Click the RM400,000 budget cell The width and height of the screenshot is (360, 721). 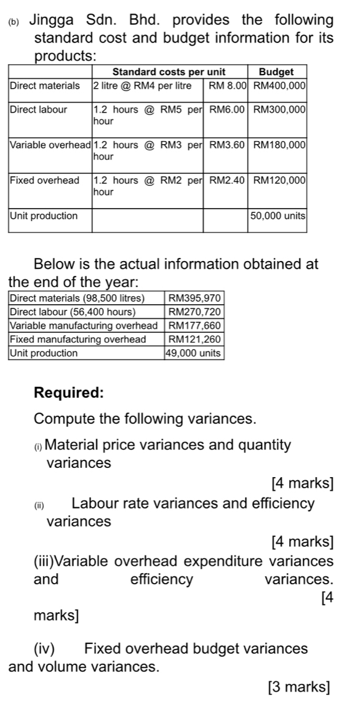[x=280, y=85]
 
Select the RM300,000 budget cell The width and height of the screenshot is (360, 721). [x=280, y=110]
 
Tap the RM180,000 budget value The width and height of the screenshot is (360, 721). [x=280, y=145]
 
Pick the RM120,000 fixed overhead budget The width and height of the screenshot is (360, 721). [x=280, y=181]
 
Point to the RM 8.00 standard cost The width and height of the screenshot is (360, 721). [x=228, y=85]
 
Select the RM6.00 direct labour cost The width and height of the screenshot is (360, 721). [x=228, y=110]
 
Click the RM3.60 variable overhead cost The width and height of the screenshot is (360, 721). [x=228, y=145]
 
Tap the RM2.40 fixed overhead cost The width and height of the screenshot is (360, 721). [x=228, y=181]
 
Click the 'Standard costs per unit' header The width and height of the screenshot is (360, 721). [x=169, y=72]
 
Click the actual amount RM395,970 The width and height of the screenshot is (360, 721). [x=194, y=299]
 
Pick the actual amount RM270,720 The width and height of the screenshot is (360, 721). [x=194, y=312]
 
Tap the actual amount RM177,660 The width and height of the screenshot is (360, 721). [x=194, y=326]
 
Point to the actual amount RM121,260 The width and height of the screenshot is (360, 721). [x=194, y=339]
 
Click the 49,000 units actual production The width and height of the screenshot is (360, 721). [x=194, y=353]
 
